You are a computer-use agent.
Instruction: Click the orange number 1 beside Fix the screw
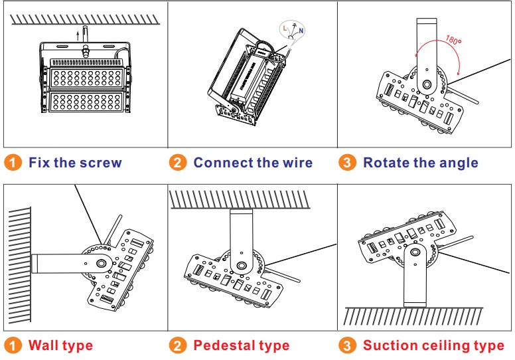(13, 162)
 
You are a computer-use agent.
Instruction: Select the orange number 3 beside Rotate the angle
(347, 162)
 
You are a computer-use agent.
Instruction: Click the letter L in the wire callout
(284, 29)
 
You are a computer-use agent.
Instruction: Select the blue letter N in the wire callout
(302, 31)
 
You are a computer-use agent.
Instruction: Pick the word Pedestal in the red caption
(222, 345)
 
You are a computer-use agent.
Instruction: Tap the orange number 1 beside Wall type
(13, 345)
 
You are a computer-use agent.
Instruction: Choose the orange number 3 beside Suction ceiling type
(347, 345)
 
